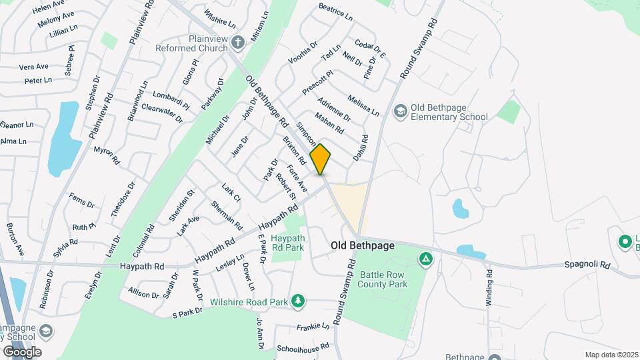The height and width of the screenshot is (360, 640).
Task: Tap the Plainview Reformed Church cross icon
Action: point(238,44)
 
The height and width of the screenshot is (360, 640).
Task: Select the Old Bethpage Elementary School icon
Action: point(401,110)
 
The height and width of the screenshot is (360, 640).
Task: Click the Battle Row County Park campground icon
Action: point(425,259)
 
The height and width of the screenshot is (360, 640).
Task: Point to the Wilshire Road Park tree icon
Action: point(298,302)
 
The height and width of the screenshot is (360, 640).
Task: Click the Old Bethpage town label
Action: point(363,246)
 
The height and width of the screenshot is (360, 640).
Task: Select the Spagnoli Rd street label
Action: point(588,265)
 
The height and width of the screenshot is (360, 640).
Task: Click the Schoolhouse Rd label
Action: point(303,347)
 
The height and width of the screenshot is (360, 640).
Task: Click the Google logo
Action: point(22,351)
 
